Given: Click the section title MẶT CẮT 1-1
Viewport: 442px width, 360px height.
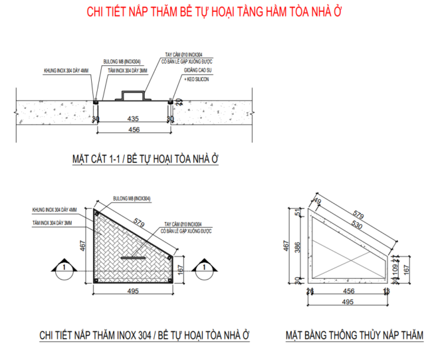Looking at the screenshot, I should click(99, 159).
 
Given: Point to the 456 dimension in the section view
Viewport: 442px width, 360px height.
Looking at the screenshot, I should click(133, 130).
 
